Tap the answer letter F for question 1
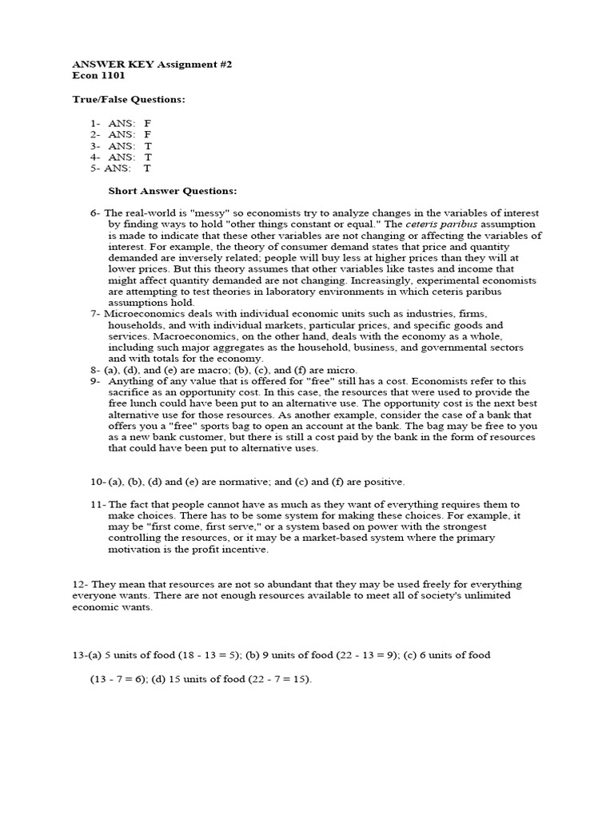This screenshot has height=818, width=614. [x=147, y=124]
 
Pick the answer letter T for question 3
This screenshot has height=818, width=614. [x=148, y=146]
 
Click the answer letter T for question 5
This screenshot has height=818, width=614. [x=147, y=169]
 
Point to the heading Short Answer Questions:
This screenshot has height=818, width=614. [x=173, y=192]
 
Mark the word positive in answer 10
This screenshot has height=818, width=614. [x=380, y=482]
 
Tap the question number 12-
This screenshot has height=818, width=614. [x=81, y=585]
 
